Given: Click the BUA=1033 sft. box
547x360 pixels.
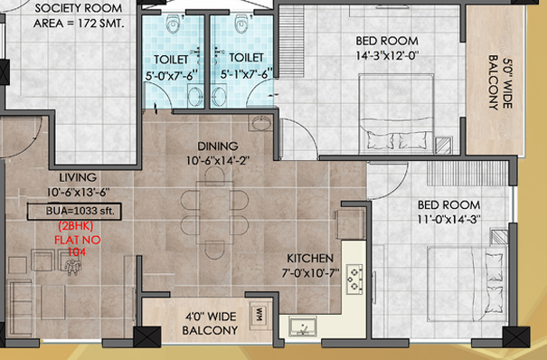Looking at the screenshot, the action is click(x=74, y=212).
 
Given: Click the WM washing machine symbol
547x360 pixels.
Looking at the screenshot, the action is click(x=260, y=316).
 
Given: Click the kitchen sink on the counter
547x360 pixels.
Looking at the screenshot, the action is click(x=303, y=327).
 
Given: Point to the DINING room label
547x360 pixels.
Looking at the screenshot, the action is click(x=218, y=146).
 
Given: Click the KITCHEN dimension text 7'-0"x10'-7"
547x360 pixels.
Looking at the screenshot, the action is click(x=310, y=273).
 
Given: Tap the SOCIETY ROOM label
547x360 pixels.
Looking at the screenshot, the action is click(x=79, y=8).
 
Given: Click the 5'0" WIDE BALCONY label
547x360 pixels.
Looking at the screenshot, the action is click(x=500, y=82).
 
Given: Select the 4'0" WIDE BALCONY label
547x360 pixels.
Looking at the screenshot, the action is click(x=211, y=324).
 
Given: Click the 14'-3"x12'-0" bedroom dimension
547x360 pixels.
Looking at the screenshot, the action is click(x=387, y=56).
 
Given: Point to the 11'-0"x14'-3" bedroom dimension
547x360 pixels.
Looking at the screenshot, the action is click(x=449, y=220).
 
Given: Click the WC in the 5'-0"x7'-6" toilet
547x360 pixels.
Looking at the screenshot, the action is click(x=174, y=24).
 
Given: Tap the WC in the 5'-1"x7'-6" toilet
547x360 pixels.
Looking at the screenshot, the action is click(x=241, y=24).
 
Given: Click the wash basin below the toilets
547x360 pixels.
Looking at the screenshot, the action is click(x=260, y=123).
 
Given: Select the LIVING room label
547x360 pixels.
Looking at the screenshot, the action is click(x=78, y=177).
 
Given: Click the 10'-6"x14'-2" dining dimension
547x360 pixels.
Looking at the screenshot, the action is click(x=218, y=161).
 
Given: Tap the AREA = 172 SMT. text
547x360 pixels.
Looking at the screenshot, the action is click(x=79, y=24).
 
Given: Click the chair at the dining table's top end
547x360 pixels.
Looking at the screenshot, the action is click(x=215, y=175).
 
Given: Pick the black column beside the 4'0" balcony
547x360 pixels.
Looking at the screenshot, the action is click(x=147, y=337).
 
